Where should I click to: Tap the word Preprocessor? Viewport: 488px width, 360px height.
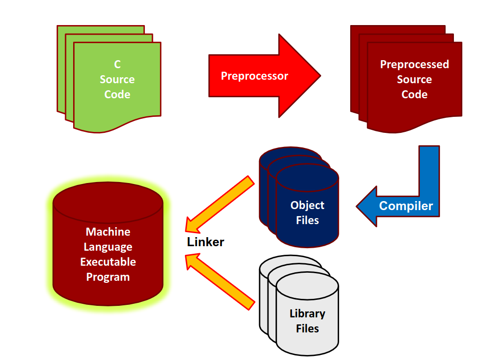tap(255, 76)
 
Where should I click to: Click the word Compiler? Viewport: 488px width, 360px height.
tap(406, 206)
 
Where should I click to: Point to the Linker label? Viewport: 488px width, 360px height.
tap(205, 242)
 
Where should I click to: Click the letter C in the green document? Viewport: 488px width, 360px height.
tap(117, 64)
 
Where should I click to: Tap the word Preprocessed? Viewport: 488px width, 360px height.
tap(414, 64)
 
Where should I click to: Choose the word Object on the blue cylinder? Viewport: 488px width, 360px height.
tap(307, 205)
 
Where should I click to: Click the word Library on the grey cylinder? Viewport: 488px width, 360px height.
tap(307, 314)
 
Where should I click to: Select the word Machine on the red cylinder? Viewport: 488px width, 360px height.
tap(108, 232)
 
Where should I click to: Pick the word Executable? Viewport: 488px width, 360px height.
tap(108, 262)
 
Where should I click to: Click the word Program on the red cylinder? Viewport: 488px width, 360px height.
tap(108, 277)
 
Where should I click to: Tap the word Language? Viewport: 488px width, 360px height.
tap(108, 247)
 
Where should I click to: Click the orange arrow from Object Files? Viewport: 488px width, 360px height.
tap(220, 201)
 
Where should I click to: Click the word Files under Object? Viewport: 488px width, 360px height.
tap(307, 220)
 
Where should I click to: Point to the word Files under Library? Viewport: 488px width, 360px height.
tap(307, 329)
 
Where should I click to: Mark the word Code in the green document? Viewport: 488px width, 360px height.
tap(117, 94)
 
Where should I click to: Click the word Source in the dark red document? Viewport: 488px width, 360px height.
tap(414, 79)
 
